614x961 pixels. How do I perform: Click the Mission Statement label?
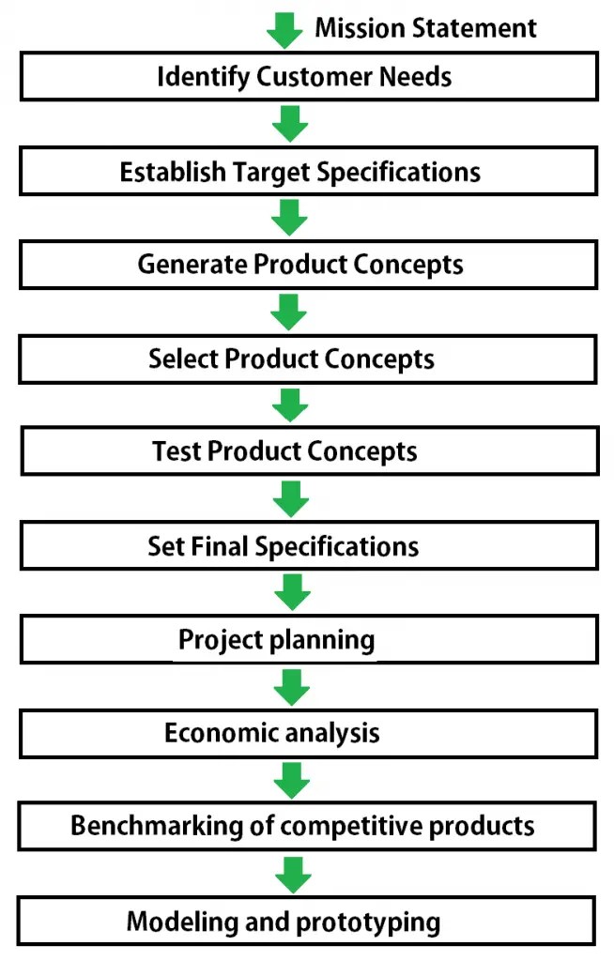click(x=425, y=27)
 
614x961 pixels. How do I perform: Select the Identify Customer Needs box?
click(x=308, y=76)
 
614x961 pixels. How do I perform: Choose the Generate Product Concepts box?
click(x=308, y=265)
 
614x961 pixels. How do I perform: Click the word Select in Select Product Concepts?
click(x=182, y=359)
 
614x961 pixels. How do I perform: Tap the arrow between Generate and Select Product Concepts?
click(x=289, y=312)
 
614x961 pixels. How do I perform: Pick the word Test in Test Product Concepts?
click(x=177, y=452)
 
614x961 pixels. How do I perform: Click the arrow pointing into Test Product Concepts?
click(x=289, y=405)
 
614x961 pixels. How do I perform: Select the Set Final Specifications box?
click(x=308, y=546)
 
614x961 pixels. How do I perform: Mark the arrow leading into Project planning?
click(x=292, y=593)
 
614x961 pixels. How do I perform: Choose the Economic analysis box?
click(x=308, y=733)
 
